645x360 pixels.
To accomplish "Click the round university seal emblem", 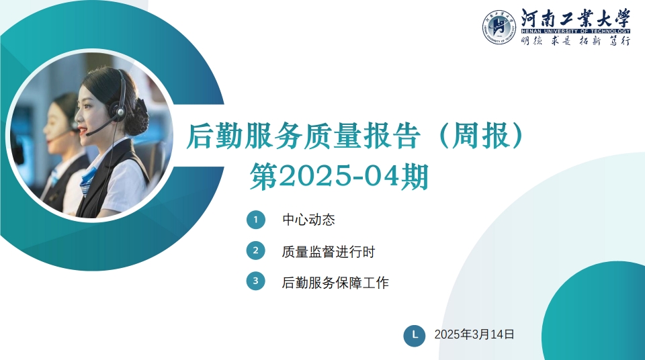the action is (499, 28).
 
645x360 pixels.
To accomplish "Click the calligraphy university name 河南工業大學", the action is (576, 19).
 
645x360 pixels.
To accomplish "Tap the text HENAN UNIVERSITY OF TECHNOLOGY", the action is (576, 32).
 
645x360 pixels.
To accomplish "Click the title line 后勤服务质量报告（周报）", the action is (356, 136).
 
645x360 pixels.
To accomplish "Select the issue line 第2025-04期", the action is (339, 177).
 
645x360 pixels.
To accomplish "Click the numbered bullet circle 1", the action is (255, 220).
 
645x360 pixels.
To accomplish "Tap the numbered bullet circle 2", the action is (255, 251).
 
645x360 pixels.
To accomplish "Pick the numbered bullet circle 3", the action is (255, 281).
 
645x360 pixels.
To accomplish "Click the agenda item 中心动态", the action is (308, 220).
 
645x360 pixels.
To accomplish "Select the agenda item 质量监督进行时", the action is (329, 251).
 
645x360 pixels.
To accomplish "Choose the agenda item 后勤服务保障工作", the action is (335, 283).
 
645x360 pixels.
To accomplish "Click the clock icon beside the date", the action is (415, 336).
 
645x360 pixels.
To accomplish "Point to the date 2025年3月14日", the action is (474, 334).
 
